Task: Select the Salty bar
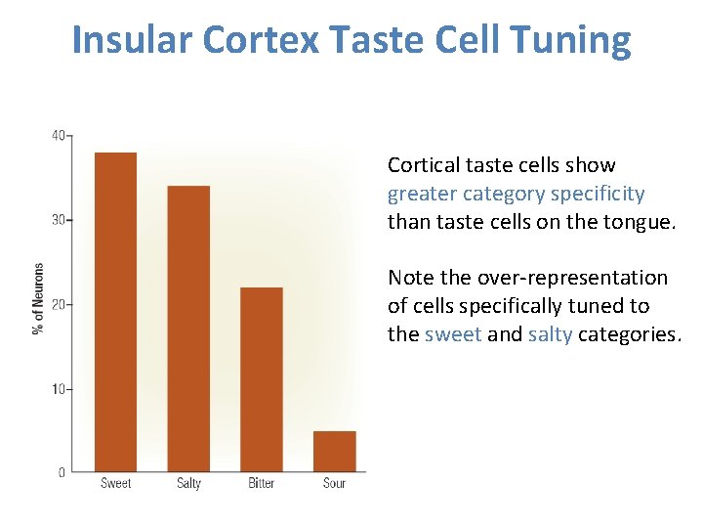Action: point(188,328)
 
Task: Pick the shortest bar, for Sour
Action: point(335,451)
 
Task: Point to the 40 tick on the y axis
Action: point(59,135)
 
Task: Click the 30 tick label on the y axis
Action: point(59,220)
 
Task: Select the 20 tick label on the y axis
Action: point(59,304)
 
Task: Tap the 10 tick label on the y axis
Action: point(59,389)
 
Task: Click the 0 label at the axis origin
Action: point(62,472)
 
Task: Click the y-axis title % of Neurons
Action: point(39,298)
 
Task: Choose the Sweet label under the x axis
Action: point(115,483)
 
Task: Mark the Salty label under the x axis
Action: point(188,483)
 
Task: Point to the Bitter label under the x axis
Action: point(262,483)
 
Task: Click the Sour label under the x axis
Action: point(334,483)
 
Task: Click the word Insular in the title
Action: point(133,40)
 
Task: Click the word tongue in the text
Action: point(639,222)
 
